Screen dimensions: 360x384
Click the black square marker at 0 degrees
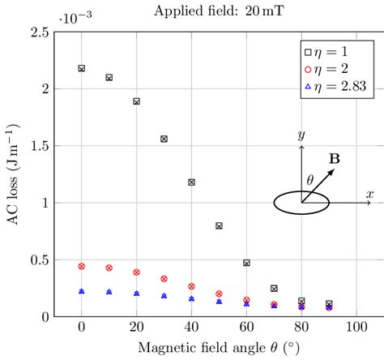click(82, 68)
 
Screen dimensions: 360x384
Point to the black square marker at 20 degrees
click(137, 101)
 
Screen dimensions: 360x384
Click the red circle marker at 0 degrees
click(82, 266)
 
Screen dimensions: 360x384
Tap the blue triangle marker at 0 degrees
click(82, 290)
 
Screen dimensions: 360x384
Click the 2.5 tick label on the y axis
click(39, 32)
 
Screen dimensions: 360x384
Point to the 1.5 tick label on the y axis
click(39, 146)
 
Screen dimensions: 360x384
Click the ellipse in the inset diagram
click(301, 204)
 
